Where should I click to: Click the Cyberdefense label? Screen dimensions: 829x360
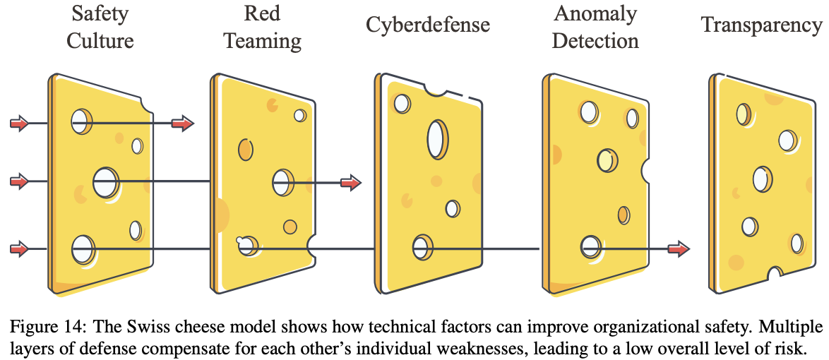[428, 25]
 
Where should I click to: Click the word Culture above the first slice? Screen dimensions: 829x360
[100, 41]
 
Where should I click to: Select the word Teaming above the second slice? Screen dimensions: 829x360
[263, 41]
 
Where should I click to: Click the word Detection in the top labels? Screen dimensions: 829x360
[595, 41]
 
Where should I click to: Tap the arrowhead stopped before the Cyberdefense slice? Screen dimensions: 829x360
[350, 183]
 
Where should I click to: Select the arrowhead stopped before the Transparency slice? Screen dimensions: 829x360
[679, 248]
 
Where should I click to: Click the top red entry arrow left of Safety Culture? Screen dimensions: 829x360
[20, 124]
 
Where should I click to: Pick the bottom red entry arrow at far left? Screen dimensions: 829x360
[20, 248]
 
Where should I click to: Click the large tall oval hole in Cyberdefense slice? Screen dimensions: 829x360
[436, 139]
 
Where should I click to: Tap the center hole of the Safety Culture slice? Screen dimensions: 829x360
[106, 182]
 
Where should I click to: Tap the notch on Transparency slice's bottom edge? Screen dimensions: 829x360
[775, 274]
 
